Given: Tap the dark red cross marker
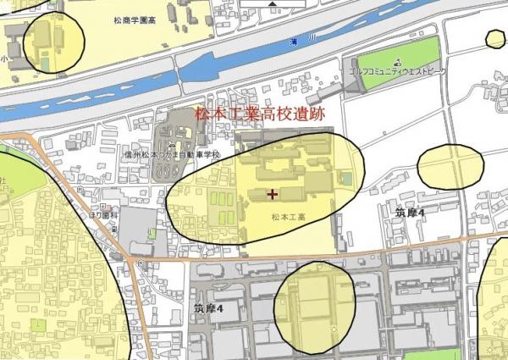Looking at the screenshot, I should pyautogui.click(x=272, y=194).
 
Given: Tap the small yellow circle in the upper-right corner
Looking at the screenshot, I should pyautogui.click(x=495, y=38).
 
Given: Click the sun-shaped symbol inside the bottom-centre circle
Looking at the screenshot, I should pyautogui.click(x=334, y=328).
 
